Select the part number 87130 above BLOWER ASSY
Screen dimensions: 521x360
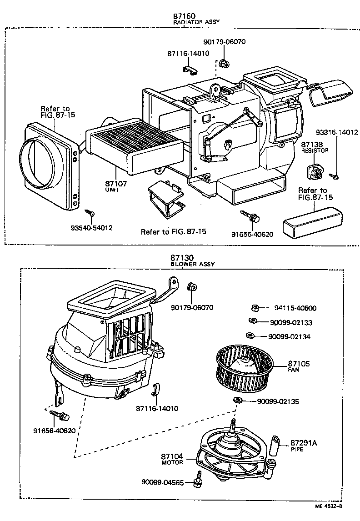point(180,257)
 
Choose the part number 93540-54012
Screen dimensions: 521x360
point(92,227)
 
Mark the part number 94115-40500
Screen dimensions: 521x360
point(295,308)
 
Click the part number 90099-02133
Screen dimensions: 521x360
point(291,322)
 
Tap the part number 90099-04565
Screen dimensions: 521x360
point(162,482)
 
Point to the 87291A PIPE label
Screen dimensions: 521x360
point(303,445)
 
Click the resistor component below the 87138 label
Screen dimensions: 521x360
point(314,172)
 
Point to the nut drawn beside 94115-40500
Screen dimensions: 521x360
point(256,308)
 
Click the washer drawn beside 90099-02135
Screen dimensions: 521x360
point(237,400)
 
